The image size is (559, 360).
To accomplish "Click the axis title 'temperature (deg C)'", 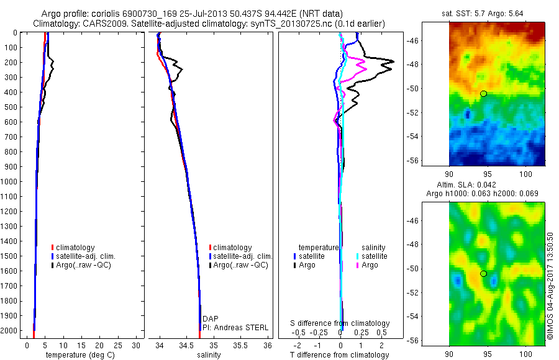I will tap(78, 356).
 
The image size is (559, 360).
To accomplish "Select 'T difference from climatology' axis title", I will tap(340, 356).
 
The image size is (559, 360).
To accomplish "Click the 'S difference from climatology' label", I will tap(340, 323).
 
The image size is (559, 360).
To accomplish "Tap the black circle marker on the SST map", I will tap(483, 93).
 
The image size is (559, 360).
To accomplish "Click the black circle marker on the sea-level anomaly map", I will tap(483, 273).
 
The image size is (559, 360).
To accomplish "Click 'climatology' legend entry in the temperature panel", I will tap(75, 248).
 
